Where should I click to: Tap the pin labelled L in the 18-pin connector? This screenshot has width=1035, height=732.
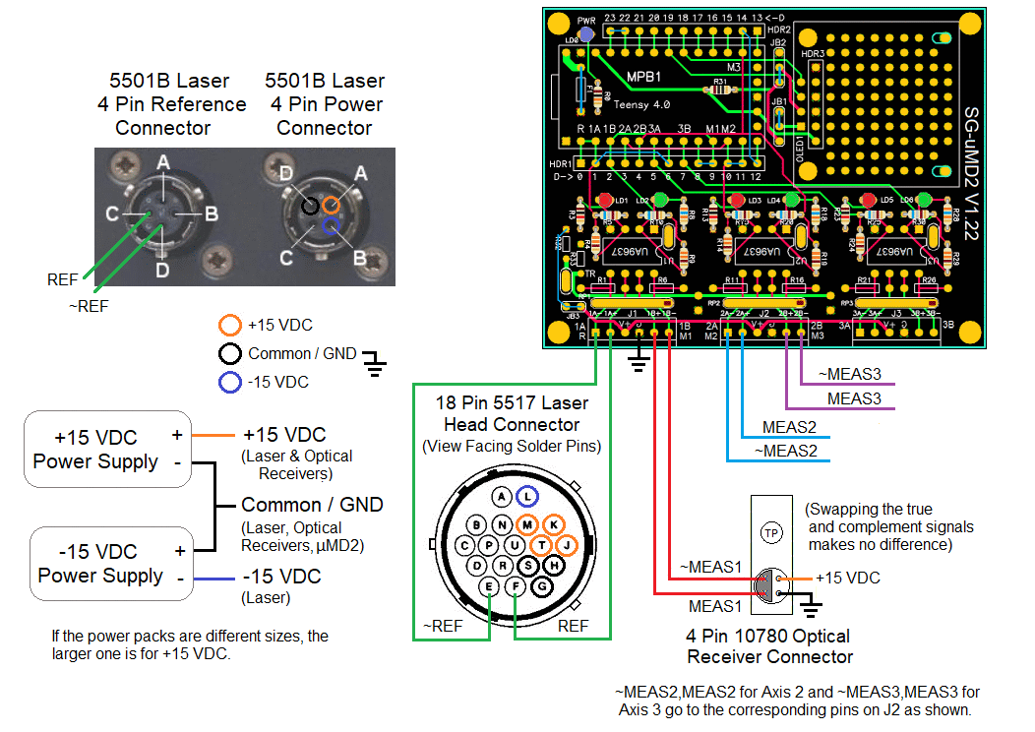[x=528, y=497]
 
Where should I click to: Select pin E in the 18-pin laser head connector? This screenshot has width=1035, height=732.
[x=489, y=587]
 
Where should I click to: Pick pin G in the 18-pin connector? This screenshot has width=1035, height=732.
[x=540, y=587]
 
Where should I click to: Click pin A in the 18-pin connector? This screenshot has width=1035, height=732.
[x=503, y=497]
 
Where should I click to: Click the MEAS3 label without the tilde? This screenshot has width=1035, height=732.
[x=854, y=398]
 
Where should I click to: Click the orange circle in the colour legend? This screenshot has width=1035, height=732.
[x=230, y=326]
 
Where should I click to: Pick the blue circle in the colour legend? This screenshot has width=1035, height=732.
[x=230, y=383]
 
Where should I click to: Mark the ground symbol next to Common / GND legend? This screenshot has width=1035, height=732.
[x=374, y=365]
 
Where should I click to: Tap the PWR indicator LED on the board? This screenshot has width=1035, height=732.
[x=587, y=33]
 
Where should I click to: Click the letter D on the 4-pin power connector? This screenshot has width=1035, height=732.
[x=285, y=173]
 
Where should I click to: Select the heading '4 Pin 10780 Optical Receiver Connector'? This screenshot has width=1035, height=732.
[x=768, y=646]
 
